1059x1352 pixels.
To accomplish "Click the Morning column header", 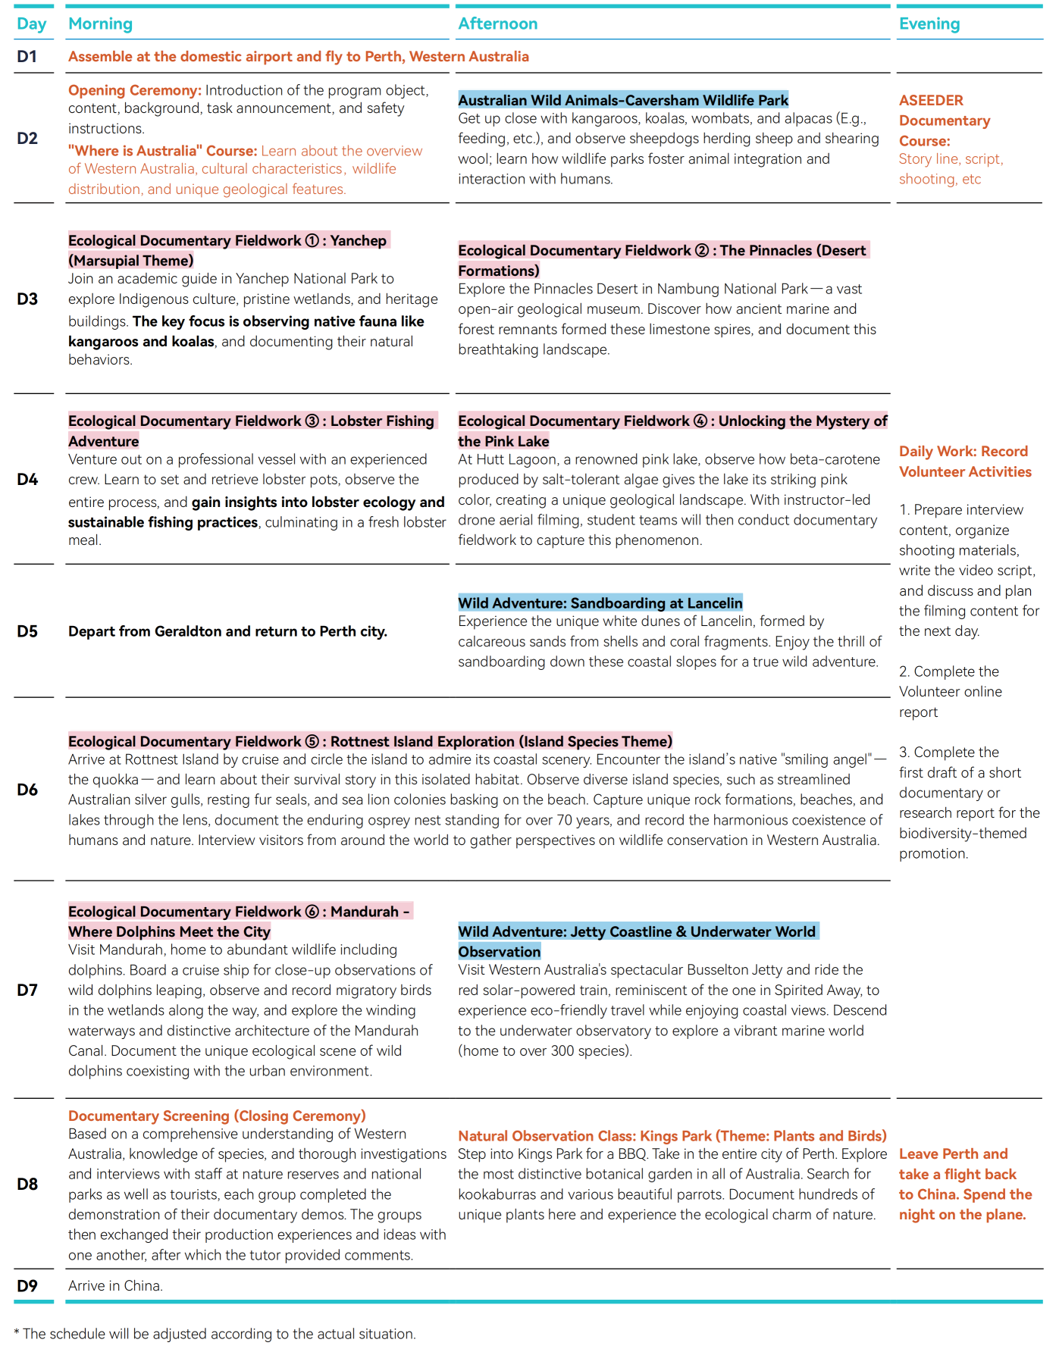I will pos(100,23).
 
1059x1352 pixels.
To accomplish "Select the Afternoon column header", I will pos(497,23).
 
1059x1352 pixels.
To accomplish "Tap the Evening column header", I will pos(929,23).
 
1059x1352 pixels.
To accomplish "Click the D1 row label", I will pos(27,57).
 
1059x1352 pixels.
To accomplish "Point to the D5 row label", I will pos(27,631).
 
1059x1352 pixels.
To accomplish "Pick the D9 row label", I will pos(27,1286).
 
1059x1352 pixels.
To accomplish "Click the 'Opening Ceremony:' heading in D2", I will pos(134,90).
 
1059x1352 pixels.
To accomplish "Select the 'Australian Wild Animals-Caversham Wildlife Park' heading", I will pos(623,100).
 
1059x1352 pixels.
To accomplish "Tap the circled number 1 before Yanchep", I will pos(312,240).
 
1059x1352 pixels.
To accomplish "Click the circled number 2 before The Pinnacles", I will pos(702,250).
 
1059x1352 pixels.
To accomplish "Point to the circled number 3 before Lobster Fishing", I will pos(312,421).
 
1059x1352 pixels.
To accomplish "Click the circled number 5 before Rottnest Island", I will pos(312,741).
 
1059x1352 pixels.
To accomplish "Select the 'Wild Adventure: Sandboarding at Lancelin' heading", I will pos(600,603).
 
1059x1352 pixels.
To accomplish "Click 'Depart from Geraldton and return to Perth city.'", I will pos(227,631).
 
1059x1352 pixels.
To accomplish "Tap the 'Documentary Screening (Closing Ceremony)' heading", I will pos(217,1116).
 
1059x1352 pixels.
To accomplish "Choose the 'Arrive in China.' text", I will pos(115,1286).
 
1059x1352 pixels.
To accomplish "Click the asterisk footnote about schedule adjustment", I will pos(215,1334).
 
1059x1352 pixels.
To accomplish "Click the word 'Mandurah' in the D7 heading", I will pos(364,912).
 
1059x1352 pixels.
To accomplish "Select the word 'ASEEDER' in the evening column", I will pos(931,100).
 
